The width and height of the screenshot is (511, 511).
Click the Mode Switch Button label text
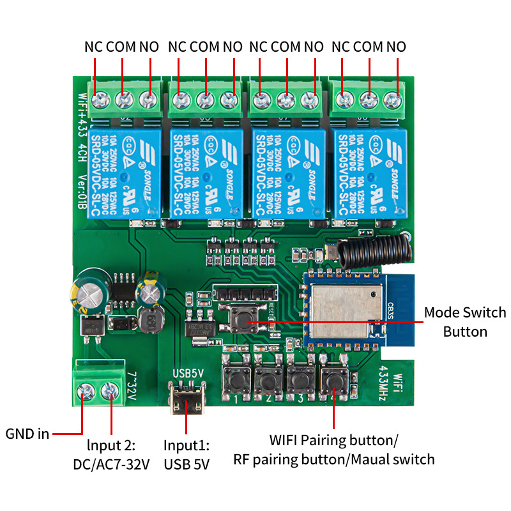(464, 322)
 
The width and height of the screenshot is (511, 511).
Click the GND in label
(27, 434)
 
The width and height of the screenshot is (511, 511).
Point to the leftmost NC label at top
(93, 47)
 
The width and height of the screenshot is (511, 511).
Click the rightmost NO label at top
(397, 47)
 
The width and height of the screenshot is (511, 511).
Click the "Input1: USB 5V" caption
(187, 454)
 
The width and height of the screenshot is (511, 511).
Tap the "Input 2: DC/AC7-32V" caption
(111, 454)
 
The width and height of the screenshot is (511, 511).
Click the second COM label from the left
(204, 47)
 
